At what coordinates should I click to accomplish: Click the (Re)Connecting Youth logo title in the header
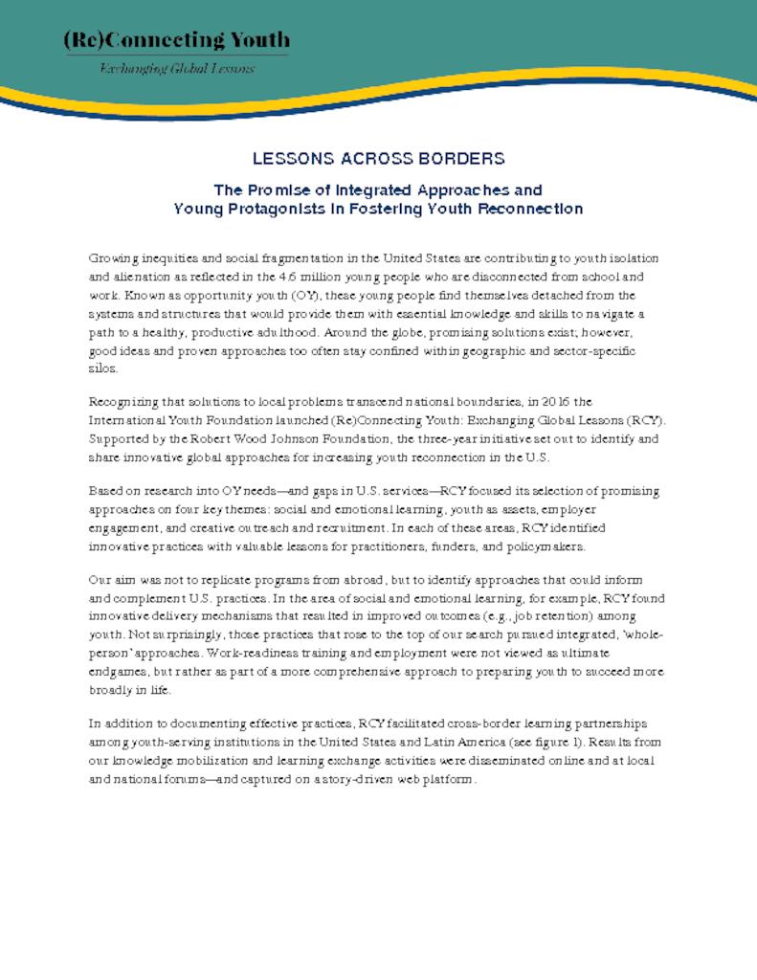tap(176, 40)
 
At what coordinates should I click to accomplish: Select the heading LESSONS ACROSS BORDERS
tap(378, 159)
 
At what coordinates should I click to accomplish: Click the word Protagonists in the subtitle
tap(268, 208)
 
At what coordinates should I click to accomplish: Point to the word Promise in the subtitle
tap(278, 189)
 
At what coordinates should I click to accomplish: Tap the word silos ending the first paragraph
tap(102, 368)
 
